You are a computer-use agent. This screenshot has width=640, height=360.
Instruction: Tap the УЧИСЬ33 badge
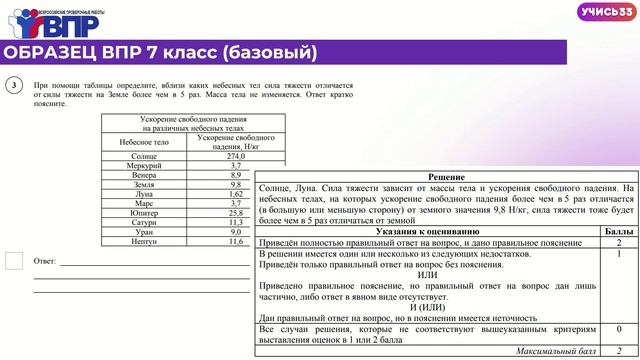tap(603, 12)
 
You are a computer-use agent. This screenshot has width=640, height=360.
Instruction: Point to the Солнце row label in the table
tap(144, 156)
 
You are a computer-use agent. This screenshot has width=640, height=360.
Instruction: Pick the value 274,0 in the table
tap(236, 156)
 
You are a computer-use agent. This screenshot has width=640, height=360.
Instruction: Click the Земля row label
tap(144, 184)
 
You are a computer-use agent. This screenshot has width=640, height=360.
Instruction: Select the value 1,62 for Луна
tap(236, 194)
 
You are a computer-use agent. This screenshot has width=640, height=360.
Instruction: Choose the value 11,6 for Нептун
tap(236, 241)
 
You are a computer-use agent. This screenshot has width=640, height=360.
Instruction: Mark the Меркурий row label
tap(144, 166)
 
